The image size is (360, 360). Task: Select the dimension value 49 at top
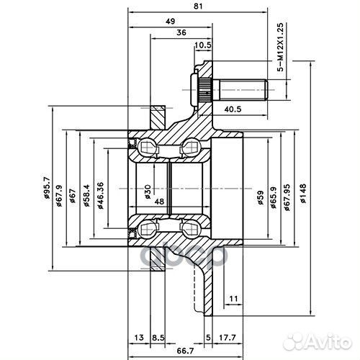pos(170,22)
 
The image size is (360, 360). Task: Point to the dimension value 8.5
pos(158,336)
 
